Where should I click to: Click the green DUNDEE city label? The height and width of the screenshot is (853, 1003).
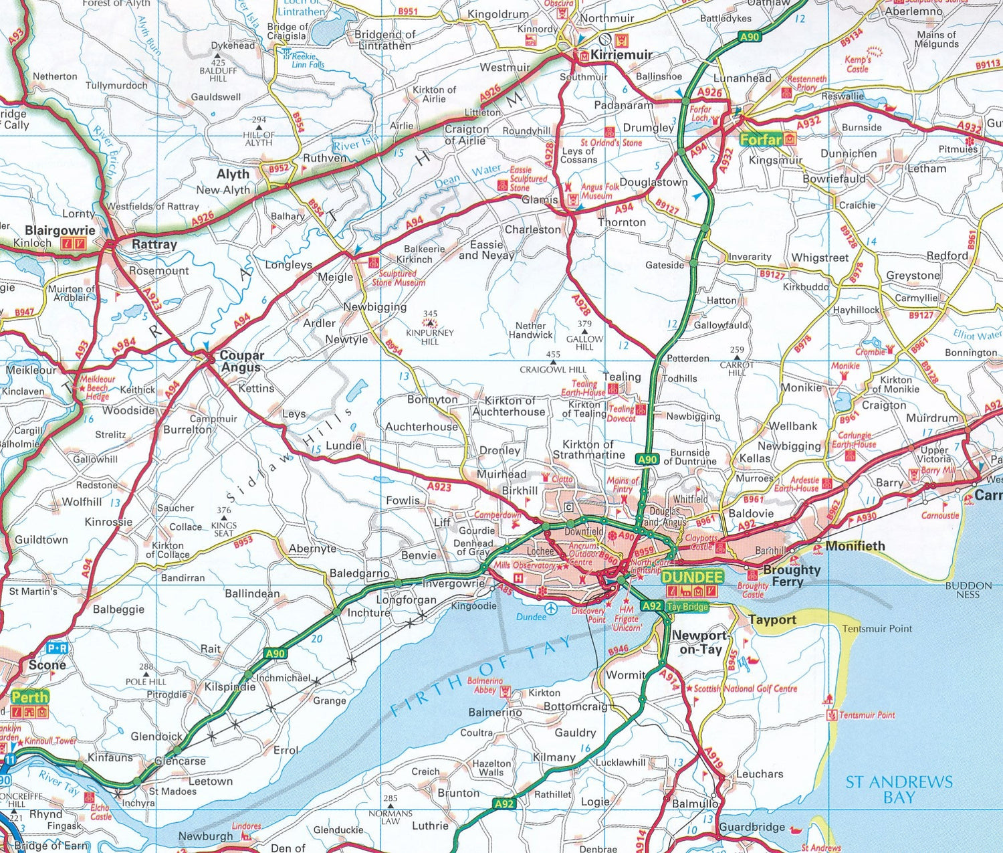693,577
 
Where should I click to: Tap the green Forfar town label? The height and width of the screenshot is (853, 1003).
761,139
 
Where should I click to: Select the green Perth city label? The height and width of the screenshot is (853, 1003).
29,696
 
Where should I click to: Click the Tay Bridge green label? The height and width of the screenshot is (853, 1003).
687,606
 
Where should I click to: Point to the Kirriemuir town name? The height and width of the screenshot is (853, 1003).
621,54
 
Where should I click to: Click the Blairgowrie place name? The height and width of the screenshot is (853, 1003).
60,230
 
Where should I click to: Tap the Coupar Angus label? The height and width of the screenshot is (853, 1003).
241,361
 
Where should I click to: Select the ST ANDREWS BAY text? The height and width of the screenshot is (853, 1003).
899,789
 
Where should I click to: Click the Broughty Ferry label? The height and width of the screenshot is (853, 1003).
791,575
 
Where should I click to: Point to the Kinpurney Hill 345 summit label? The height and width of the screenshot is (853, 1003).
430,328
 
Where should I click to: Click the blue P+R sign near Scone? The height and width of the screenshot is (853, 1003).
57,648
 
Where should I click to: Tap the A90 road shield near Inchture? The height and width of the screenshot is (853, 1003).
275,654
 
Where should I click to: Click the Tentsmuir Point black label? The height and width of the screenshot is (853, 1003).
877,628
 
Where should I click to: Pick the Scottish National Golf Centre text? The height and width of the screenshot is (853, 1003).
745,688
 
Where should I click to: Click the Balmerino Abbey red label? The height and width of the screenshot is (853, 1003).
485,685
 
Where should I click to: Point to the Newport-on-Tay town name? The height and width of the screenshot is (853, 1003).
699,642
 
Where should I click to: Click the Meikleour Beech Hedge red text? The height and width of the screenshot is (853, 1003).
97,387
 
